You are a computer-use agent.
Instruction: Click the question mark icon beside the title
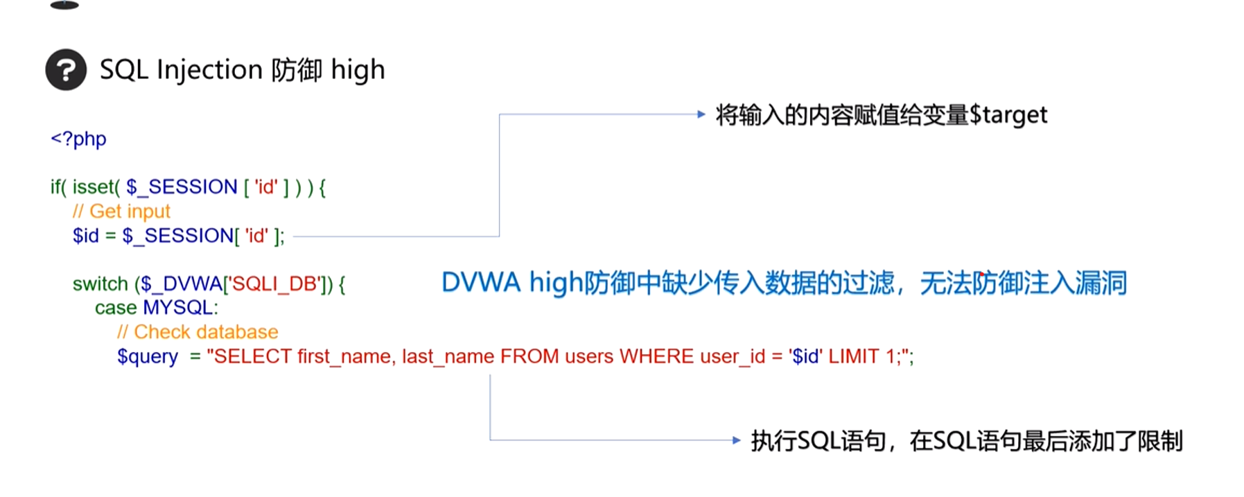(x=66, y=70)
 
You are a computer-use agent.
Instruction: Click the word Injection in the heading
(x=209, y=70)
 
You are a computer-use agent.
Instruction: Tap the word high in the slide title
(x=358, y=70)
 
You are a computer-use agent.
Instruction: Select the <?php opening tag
(x=78, y=139)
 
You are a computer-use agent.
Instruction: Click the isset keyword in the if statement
(x=96, y=187)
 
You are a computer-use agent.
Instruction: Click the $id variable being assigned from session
(x=86, y=236)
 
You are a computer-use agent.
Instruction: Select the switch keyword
(x=100, y=284)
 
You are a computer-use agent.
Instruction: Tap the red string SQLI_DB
(x=274, y=284)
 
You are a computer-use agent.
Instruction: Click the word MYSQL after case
(x=180, y=308)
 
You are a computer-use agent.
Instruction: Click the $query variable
(x=147, y=356)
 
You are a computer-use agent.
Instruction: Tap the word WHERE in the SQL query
(x=656, y=356)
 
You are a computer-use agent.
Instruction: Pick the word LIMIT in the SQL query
(x=854, y=356)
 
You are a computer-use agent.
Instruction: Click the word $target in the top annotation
(x=1008, y=115)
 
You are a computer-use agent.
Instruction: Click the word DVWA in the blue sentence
(x=481, y=283)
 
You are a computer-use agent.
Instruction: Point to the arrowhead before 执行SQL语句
(x=736, y=440)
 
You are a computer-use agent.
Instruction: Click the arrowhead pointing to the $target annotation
(x=701, y=114)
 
